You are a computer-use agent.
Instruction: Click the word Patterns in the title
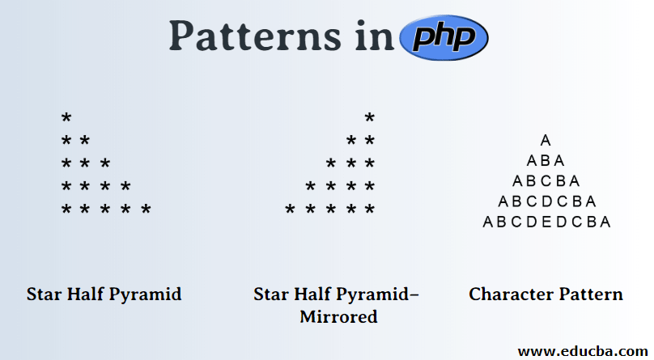tap(248, 36)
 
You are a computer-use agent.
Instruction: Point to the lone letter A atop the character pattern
tap(546, 141)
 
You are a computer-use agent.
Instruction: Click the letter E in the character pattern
tap(546, 222)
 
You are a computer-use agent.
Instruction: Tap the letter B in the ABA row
tap(546, 161)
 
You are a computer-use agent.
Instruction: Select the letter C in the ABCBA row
tap(546, 181)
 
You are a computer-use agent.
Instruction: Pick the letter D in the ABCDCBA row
tap(546, 201)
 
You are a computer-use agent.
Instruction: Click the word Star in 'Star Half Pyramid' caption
tap(45, 294)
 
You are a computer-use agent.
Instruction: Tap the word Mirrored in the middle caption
tap(338, 316)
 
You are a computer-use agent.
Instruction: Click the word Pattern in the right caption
tap(589, 294)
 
